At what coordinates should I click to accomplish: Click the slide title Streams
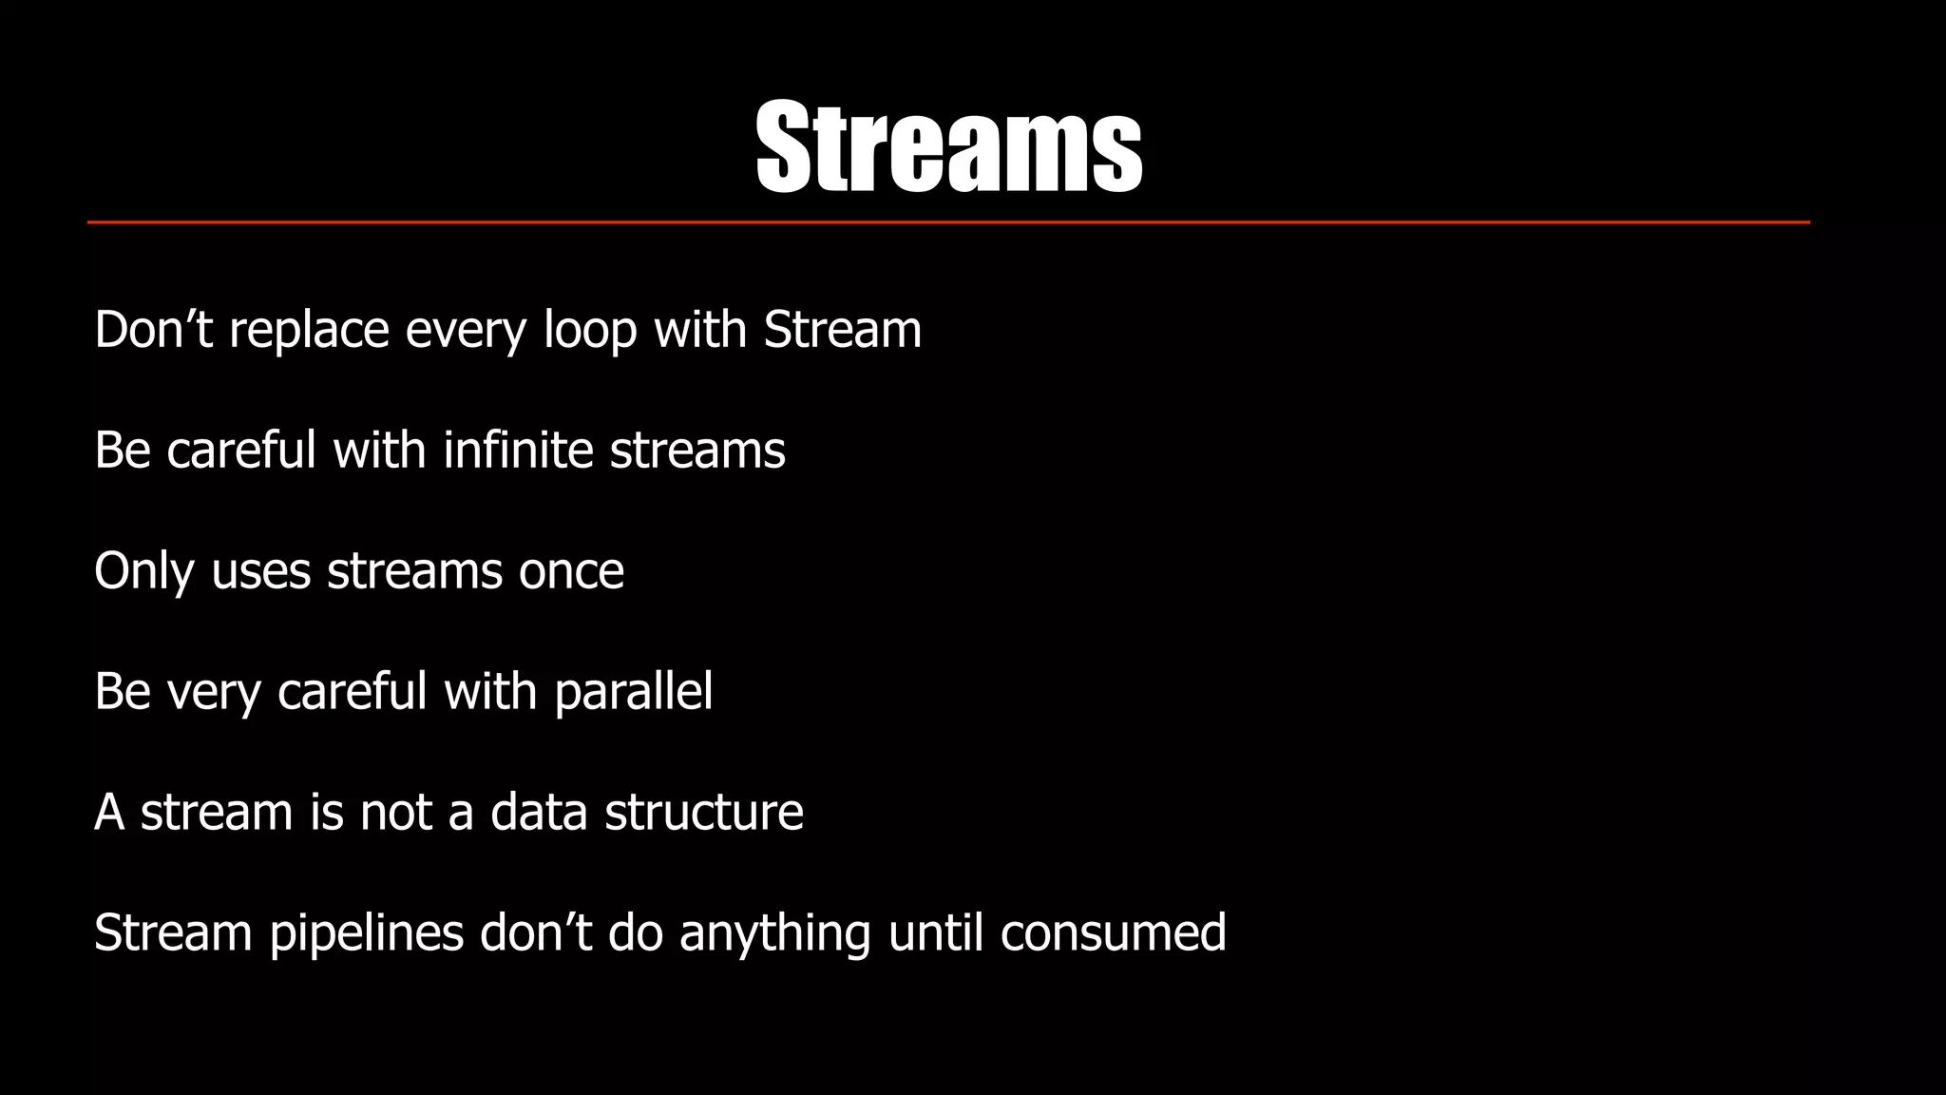(948, 147)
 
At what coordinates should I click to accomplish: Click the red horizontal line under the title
(948, 222)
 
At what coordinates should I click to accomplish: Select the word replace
(309, 331)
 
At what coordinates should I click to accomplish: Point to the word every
(466, 331)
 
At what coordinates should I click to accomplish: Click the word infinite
(518, 450)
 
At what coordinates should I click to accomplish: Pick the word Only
(143, 571)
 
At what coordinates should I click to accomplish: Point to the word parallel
(633, 692)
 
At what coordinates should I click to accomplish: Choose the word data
(539, 813)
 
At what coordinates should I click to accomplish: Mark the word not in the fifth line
(395, 813)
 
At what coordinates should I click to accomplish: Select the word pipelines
(366, 933)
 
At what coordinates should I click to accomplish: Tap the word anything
(774, 933)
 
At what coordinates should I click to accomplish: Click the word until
(935, 933)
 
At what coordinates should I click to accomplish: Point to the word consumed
(1113, 933)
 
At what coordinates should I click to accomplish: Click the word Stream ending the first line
(842, 331)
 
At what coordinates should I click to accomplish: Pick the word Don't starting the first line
(153, 331)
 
